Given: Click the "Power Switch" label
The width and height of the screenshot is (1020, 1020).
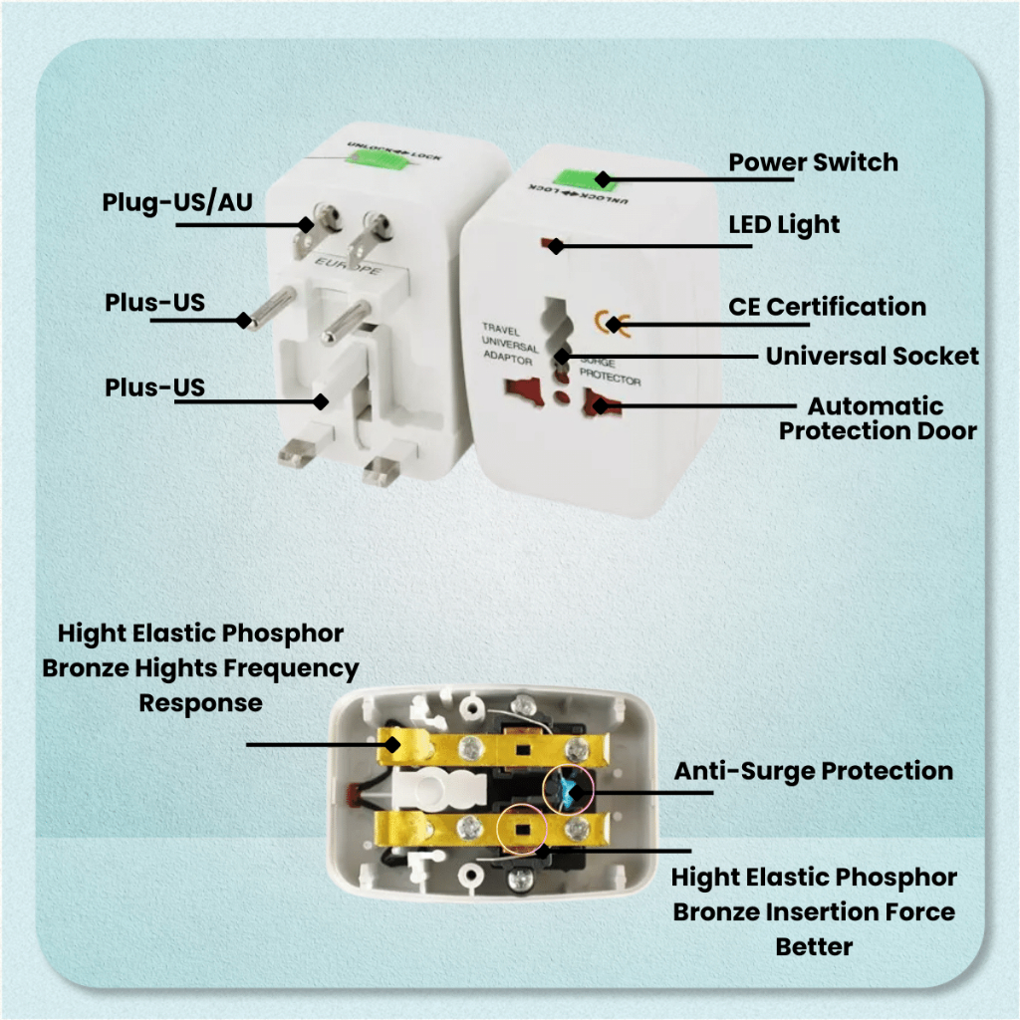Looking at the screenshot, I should pyautogui.click(x=813, y=162).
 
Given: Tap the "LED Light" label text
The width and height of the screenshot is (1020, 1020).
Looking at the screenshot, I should pyautogui.click(x=784, y=225).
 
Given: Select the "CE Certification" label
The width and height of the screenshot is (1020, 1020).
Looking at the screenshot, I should pyautogui.click(x=827, y=307).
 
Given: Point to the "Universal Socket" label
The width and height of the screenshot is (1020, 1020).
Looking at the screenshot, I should pyautogui.click(x=872, y=356).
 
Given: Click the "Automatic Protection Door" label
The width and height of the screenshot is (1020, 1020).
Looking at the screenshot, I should pyautogui.click(x=877, y=418).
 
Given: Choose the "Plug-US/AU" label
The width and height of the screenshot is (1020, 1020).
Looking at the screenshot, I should pyautogui.click(x=177, y=202).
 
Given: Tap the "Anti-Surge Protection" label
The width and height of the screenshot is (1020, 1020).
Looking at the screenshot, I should pyautogui.click(x=813, y=771).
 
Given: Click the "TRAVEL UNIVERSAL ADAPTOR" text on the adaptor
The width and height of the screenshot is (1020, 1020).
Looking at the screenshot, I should pyautogui.click(x=509, y=344).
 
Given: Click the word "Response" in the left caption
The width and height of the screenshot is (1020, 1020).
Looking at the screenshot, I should pyautogui.click(x=200, y=702).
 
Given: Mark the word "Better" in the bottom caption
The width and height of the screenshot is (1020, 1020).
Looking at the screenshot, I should pyautogui.click(x=813, y=945).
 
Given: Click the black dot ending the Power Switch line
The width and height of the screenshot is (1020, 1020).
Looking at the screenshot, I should pyautogui.click(x=603, y=180).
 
